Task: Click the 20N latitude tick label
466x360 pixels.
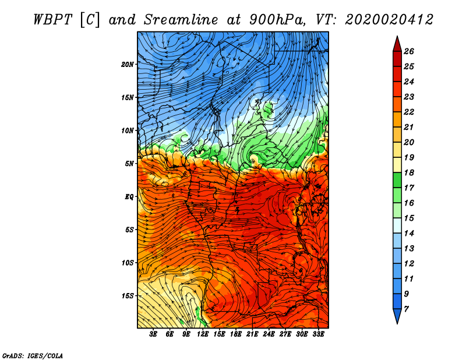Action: (128, 64)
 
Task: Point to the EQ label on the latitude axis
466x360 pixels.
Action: (129, 196)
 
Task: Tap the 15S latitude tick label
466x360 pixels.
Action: (128, 296)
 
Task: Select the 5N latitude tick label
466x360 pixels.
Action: (130, 164)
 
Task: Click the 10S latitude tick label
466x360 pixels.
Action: (128, 263)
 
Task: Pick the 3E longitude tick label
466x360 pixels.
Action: (154, 334)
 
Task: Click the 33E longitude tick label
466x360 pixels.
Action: (318, 334)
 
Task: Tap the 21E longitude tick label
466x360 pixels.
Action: (252, 334)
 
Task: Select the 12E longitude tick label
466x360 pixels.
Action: (203, 334)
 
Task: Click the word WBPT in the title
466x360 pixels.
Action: (52, 19)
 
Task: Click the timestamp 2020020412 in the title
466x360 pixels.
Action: (389, 19)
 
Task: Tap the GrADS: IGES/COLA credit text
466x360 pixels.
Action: (32, 355)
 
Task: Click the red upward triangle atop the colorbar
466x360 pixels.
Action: (397, 43)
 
